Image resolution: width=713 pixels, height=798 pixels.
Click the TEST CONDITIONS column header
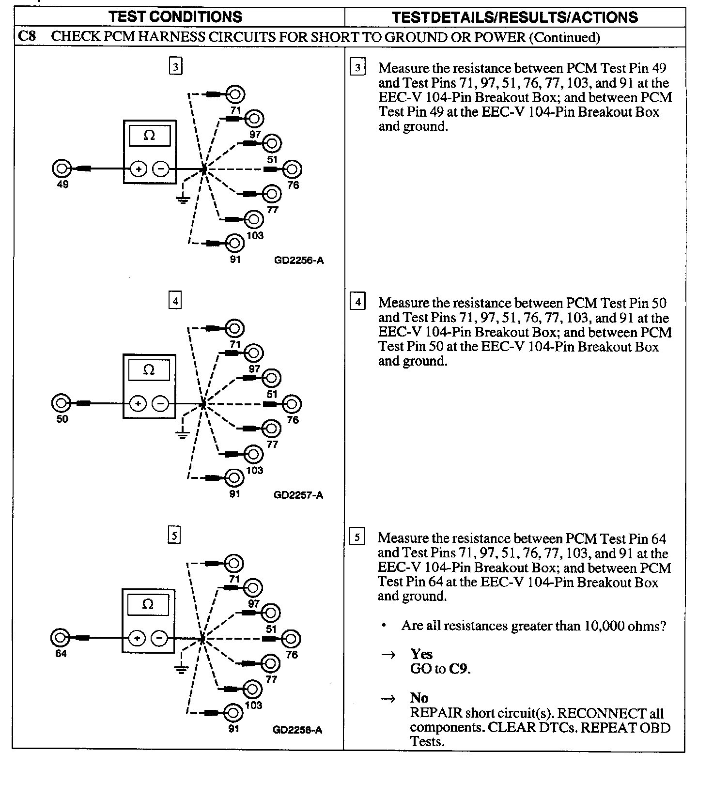tap(175, 16)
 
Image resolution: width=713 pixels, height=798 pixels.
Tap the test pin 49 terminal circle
tap(61, 169)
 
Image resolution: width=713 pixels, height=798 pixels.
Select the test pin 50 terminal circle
tap(61, 403)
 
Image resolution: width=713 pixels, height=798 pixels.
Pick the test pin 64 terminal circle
tap(60, 638)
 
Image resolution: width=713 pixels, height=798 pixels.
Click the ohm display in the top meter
tap(149, 136)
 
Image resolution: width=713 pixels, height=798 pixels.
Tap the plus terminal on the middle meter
tap(138, 403)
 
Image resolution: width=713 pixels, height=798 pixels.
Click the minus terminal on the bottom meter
tap(159, 638)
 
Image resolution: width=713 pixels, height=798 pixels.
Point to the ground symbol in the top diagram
tap(183, 199)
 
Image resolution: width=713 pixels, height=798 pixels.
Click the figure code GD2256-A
tap(299, 261)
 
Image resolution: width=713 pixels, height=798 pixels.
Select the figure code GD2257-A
tap(298, 495)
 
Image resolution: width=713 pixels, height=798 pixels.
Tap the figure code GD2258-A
tap(297, 730)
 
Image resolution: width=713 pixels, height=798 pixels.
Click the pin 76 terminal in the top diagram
tap(292, 169)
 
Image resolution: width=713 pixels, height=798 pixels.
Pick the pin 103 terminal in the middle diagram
tap(253, 454)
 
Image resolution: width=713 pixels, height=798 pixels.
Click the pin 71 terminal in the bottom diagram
tap(234, 564)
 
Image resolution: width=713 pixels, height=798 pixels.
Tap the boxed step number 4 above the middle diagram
tap(175, 301)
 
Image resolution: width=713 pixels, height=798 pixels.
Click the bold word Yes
tap(421, 654)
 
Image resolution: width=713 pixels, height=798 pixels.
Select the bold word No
tap(419, 698)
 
